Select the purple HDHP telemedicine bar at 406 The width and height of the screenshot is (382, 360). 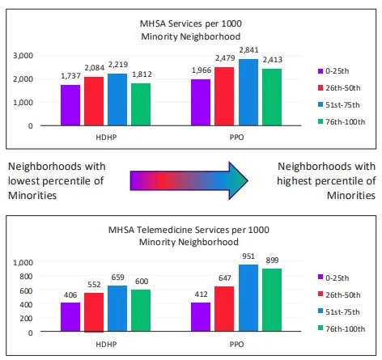click(x=70, y=317)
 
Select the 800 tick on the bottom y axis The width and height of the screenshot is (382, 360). click(x=27, y=277)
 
